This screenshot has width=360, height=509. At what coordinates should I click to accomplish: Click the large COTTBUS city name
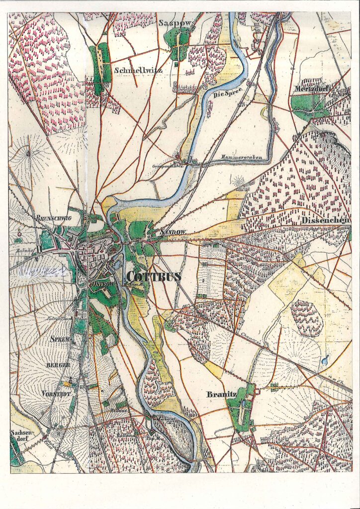(154, 277)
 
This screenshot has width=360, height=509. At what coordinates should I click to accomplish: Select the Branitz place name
(220, 395)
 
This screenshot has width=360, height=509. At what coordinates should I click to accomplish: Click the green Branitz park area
(242, 408)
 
